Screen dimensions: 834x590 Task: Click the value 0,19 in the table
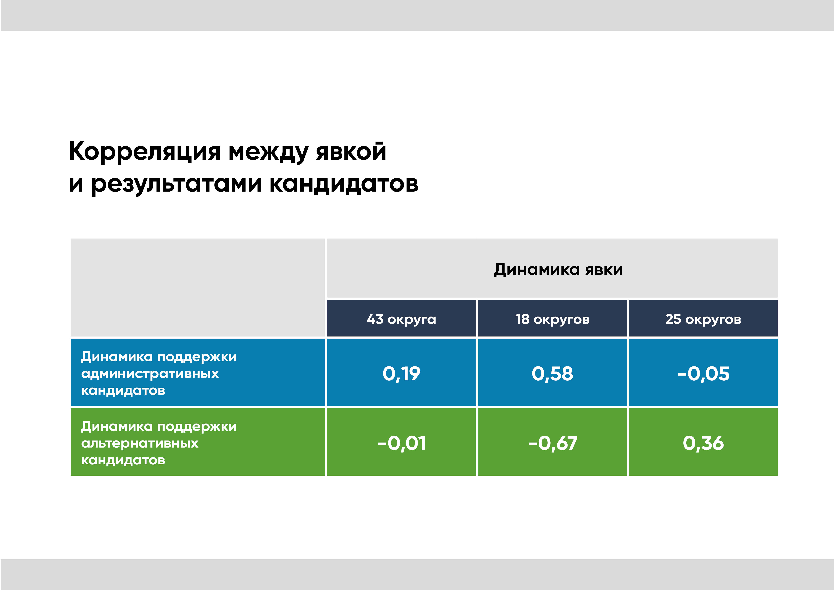401,374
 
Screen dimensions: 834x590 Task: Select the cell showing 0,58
552,374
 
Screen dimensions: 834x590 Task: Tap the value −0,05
703,374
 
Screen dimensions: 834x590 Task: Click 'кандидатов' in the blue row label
123,391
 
